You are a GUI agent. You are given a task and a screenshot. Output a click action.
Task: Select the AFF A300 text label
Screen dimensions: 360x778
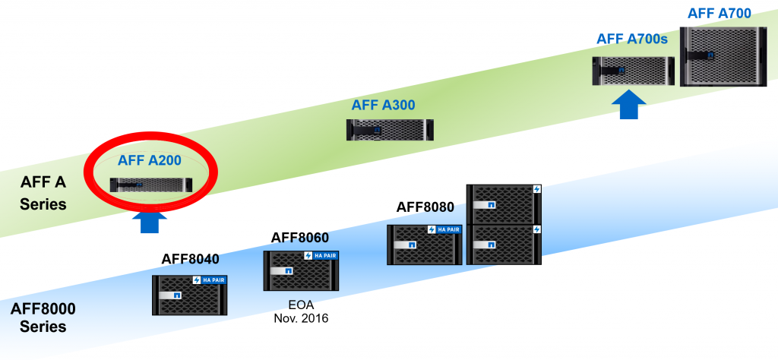click(383, 105)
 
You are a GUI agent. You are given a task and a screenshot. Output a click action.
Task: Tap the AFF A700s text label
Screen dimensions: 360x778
click(631, 39)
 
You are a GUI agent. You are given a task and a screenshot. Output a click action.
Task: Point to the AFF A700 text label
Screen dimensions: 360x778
click(719, 13)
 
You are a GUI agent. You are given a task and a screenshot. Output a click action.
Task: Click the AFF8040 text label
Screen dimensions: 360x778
click(190, 259)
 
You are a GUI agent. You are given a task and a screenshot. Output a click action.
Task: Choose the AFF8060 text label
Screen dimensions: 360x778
click(300, 238)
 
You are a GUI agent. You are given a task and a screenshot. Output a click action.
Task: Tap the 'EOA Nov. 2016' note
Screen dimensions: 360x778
click(300, 312)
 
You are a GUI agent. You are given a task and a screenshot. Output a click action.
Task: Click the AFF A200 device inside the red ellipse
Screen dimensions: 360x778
click(151, 184)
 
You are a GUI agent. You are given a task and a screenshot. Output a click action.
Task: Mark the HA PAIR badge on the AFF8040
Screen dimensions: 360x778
click(210, 279)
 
